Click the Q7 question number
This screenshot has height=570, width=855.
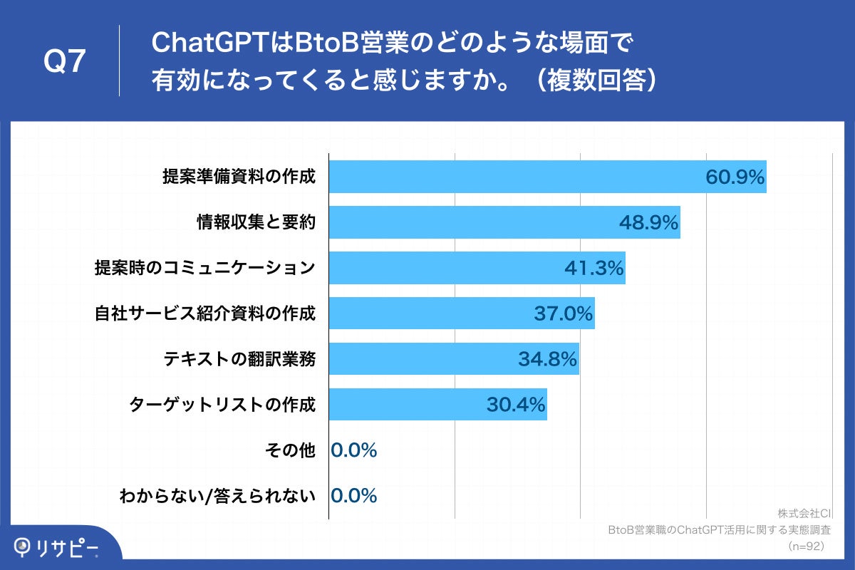coord(65,62)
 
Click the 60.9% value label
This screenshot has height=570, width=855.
coord(735,177)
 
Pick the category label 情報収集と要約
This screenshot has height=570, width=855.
coord(256,222)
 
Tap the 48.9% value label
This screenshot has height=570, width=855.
coord(648,223)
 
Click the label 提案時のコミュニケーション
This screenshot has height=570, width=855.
coord(205,268)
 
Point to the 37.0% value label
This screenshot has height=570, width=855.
coord(564,313)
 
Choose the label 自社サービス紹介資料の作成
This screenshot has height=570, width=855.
coord(205,313)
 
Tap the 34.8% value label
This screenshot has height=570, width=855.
coord(547,359)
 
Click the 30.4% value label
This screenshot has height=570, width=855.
coord(516,405)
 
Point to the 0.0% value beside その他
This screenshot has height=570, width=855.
coord(354,450)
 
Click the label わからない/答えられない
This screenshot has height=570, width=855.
coord(217,496)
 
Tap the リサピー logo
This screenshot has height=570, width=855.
coord(57,547)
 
